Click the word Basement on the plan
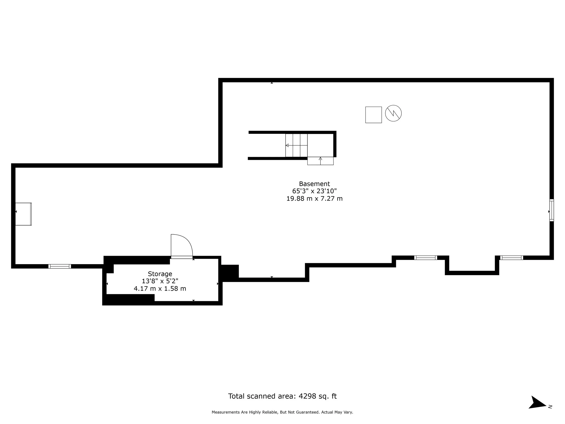[314, 184]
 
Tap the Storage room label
[160, 274]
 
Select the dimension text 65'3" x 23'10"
[314, 191]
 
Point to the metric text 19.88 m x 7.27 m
[314, 198]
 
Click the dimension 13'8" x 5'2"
[160, 281]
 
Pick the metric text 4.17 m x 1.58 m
[160, 289]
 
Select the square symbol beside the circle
[373, 115]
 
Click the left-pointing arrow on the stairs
[287, 145]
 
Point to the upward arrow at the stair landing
[320, 159]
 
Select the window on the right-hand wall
[551, 210]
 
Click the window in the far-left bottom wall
[59, 266]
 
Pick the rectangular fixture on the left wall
[23, 214]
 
